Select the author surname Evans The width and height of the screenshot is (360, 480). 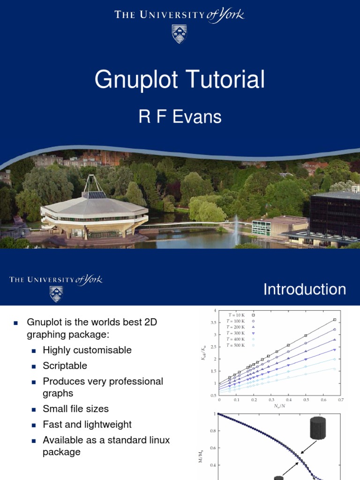coord(198,116)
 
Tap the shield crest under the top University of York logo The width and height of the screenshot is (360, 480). coord(179,34)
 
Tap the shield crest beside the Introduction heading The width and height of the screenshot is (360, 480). coord(56,294)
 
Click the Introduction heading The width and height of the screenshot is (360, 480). coord(305,289)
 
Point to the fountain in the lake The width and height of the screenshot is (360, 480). coord(237,225)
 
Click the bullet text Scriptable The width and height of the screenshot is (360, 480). coord(65,366)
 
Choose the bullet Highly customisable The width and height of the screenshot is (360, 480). coord(87,350)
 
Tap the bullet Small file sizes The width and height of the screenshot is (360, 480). coord(75,409)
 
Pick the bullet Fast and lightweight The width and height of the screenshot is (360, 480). coord(87,424)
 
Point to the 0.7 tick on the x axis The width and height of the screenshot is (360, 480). coord(340,400)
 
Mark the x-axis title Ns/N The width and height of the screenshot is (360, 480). coord(279,406)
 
